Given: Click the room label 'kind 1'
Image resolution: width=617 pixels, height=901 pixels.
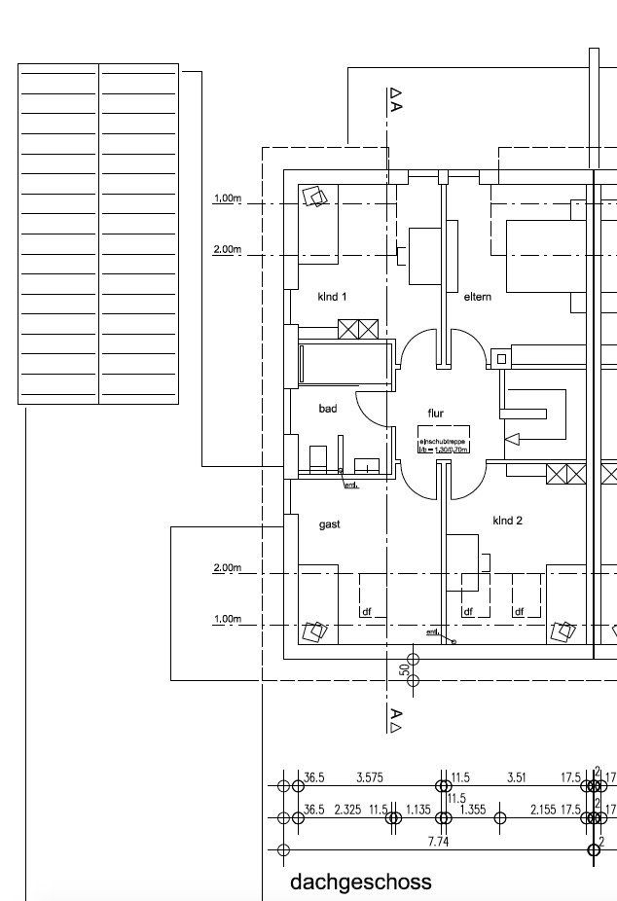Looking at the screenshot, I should pyautogui.click(x=332, y=296).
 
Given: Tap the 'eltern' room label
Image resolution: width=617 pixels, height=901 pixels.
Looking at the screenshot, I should pyautogui.click(x=477, y=296).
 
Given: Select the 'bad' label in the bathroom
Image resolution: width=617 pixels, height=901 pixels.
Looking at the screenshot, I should pyautogui.click(x=328, y=409).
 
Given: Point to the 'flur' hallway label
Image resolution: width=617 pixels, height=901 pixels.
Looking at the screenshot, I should pyautogui.click(x=435, y=414).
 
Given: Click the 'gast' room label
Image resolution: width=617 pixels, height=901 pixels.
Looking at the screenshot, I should pyautogui.click(x=329, y=524).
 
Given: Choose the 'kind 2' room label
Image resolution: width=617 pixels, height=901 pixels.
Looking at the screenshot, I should pyautogui.click(x=507, y=522).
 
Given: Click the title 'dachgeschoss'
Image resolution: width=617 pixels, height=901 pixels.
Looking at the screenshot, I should pyautogui.click(x=360, y=883).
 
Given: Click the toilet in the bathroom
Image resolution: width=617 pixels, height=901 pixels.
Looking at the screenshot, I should pyautogui.click(x=316, y=458).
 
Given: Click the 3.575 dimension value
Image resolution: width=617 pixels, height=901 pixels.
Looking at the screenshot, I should pyautogui.click(x=370, y=777).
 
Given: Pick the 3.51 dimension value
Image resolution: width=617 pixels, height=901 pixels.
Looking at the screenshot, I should pyautogui.click(x=517, y=777).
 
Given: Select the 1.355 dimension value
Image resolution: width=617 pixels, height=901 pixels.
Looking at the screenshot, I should pyautogui.click(x=473, y=810).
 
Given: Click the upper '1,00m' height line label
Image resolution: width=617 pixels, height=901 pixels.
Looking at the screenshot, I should pyautogui.click(x=227, y=198).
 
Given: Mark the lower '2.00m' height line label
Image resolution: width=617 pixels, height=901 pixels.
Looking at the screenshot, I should pyautogui.click(x=227, y=567).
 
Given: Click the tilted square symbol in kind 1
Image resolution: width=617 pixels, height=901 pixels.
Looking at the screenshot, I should pyautogui.click(x=315, y=197).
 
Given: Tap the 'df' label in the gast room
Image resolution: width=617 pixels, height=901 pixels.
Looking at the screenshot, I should pyautogui.click(x=367, y=612).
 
